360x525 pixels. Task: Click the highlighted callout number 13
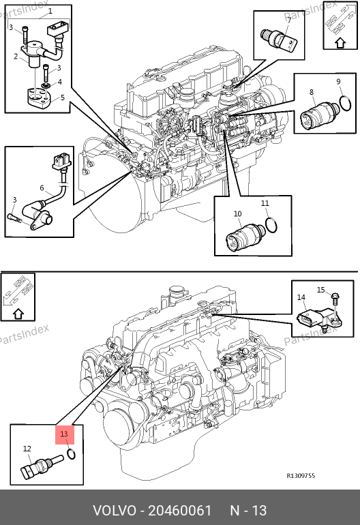[64, 434]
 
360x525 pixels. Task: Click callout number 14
[301, 297]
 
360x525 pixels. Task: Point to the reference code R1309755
[301, 475]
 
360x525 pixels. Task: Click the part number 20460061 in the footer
[180, 511]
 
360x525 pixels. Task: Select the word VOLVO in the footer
[114, 511]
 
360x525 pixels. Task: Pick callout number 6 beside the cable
[42, 187]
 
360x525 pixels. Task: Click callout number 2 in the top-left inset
[16, 56]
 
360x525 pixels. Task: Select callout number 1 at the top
[50, 11]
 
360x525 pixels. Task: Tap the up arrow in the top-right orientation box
[341, 43]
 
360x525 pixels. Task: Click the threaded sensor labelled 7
[278, 39]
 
